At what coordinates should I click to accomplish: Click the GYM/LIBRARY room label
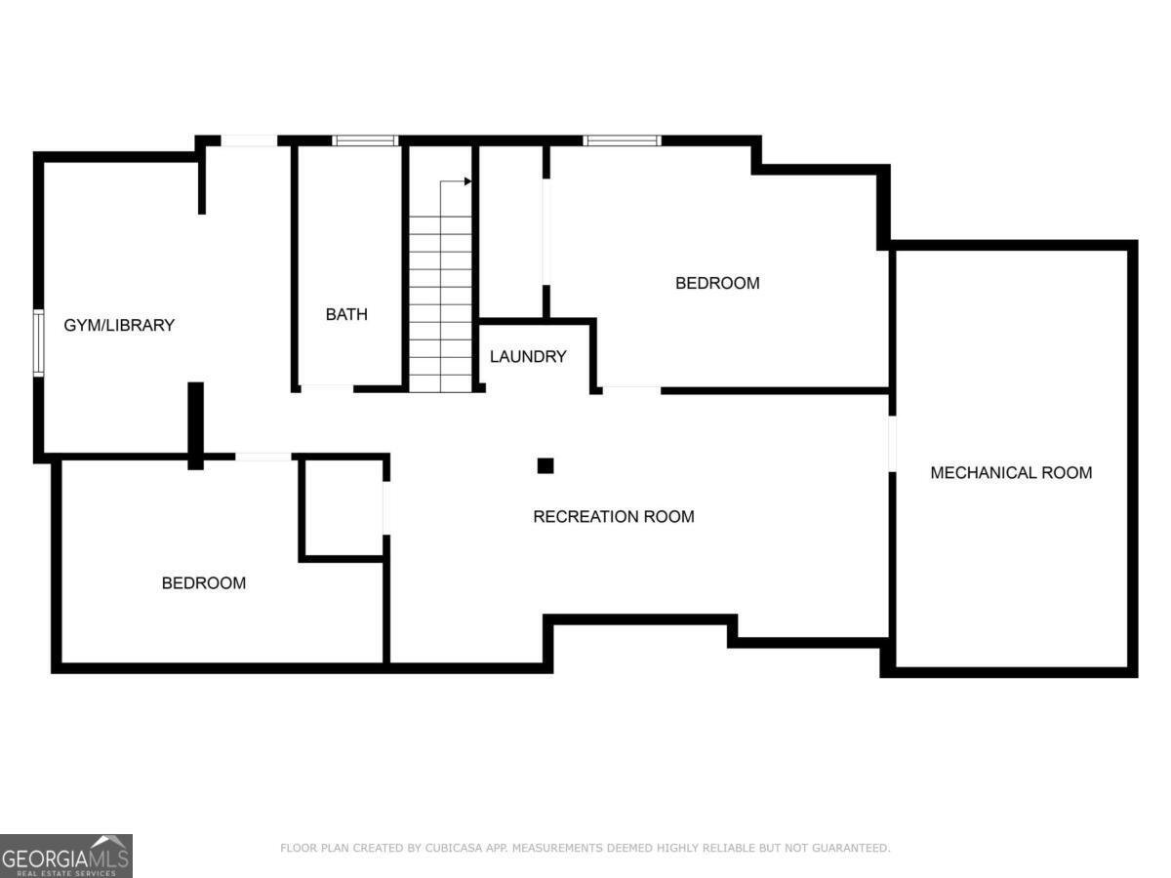(x=119, y=325)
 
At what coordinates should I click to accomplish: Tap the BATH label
(x=346, y=314)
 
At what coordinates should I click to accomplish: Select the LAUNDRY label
(x=528, y=357)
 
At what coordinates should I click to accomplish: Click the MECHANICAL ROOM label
(x=1011, y=473)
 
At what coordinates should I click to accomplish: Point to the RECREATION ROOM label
(x=614, y=517)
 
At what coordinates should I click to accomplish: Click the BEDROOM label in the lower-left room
(x=203, y=583)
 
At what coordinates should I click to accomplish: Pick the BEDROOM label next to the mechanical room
(x=717, y=284)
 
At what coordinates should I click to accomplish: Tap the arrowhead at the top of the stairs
(x=467, y=181)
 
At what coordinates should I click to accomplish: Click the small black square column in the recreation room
(x=545, y=466)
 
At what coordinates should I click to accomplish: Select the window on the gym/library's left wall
(x=39, y=342)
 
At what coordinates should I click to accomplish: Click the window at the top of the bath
(x=365, y=140)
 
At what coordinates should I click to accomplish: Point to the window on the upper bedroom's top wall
(x=622, y=140)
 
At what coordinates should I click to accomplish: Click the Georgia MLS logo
(x=65, y=856)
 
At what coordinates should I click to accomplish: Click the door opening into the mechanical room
(x=892, y=444)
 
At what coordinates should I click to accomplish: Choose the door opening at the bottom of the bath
(x=326, y=388)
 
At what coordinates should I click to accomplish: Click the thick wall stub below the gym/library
(x=195, y=425)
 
